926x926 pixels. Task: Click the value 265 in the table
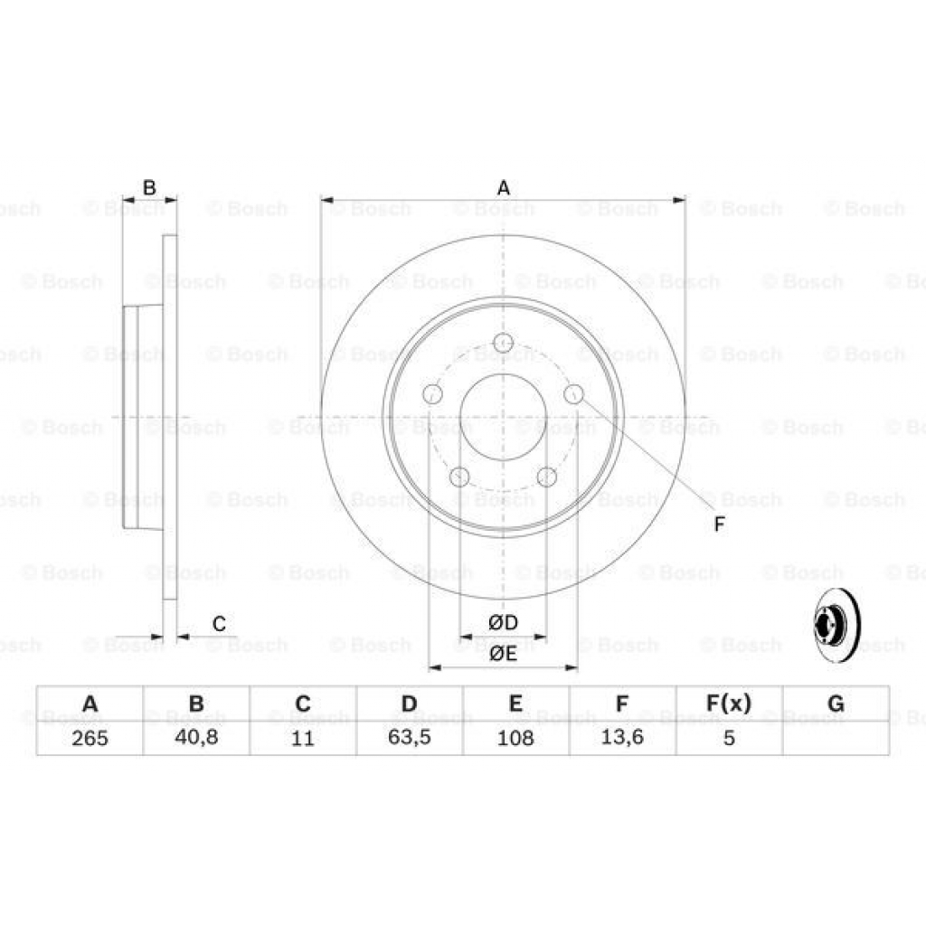pos(90,738)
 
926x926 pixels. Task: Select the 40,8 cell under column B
pos(196,738)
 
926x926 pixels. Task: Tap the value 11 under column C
pos(303,738)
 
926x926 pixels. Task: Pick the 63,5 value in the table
pos(409,738)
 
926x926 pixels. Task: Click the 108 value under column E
pos(515,738)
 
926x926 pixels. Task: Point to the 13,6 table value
pos(622,738)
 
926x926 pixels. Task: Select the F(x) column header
pos(728,704)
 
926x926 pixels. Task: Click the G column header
pos(836,704)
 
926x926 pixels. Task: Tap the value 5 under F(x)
pos(728,738)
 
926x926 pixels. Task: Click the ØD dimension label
pos(503,623)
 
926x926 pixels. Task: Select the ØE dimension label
pos(503,654)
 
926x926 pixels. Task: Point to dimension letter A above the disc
pos(504,188)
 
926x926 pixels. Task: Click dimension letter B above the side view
pos(150,188)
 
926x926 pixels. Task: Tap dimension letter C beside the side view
pos(219,623)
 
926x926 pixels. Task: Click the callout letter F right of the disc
pos(719,524)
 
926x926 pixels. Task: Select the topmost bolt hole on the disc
pos(504,343)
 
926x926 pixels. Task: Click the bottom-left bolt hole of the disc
pos(460,477)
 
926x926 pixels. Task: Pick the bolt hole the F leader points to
pos(573,394)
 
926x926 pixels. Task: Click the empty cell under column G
pos(836,738)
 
